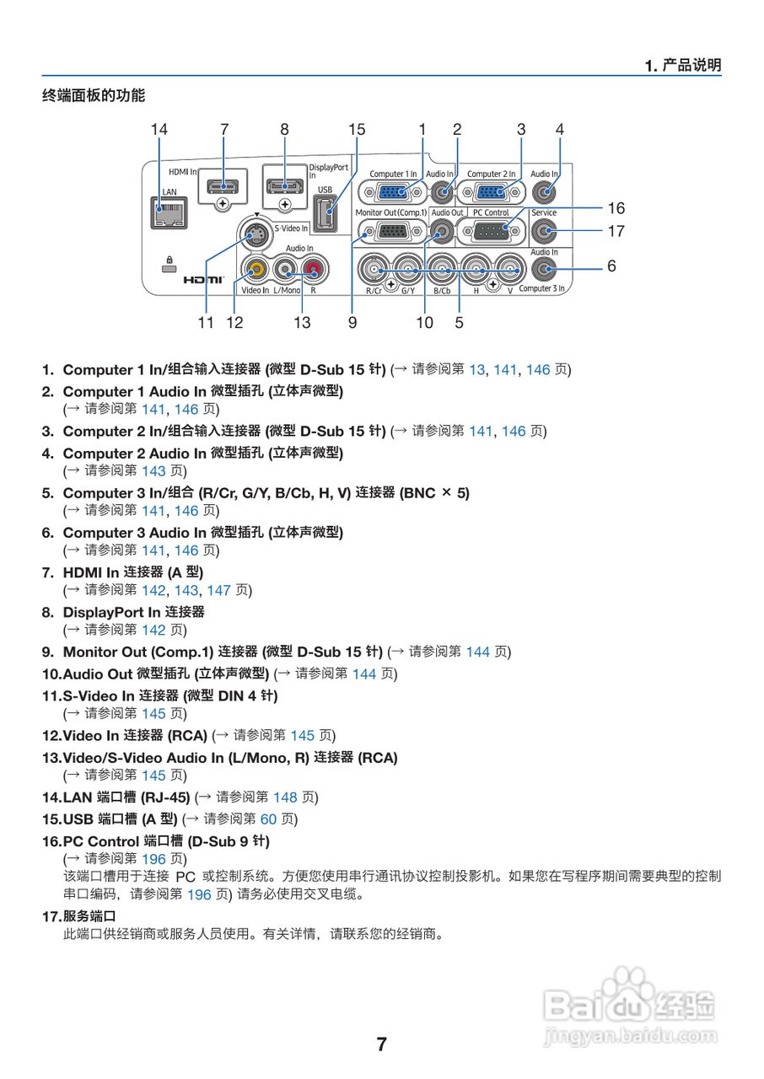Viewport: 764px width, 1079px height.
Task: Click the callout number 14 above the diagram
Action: click(159, 129)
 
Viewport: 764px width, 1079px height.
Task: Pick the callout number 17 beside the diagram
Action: click(616, 229)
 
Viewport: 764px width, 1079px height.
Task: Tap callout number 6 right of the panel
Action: click(611, 266)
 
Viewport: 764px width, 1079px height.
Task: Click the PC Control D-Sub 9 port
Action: click(491, 232)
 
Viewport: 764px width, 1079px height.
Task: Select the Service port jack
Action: click(544, 231)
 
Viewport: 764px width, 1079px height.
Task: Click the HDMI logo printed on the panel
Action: click(203, 278)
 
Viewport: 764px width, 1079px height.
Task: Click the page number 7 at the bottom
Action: click(381, 1044)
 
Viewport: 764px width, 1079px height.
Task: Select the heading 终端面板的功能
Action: click(94, 95)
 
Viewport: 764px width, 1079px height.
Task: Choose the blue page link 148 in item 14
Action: click(285, 797)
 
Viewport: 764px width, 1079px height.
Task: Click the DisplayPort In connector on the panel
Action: click(285, 187)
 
